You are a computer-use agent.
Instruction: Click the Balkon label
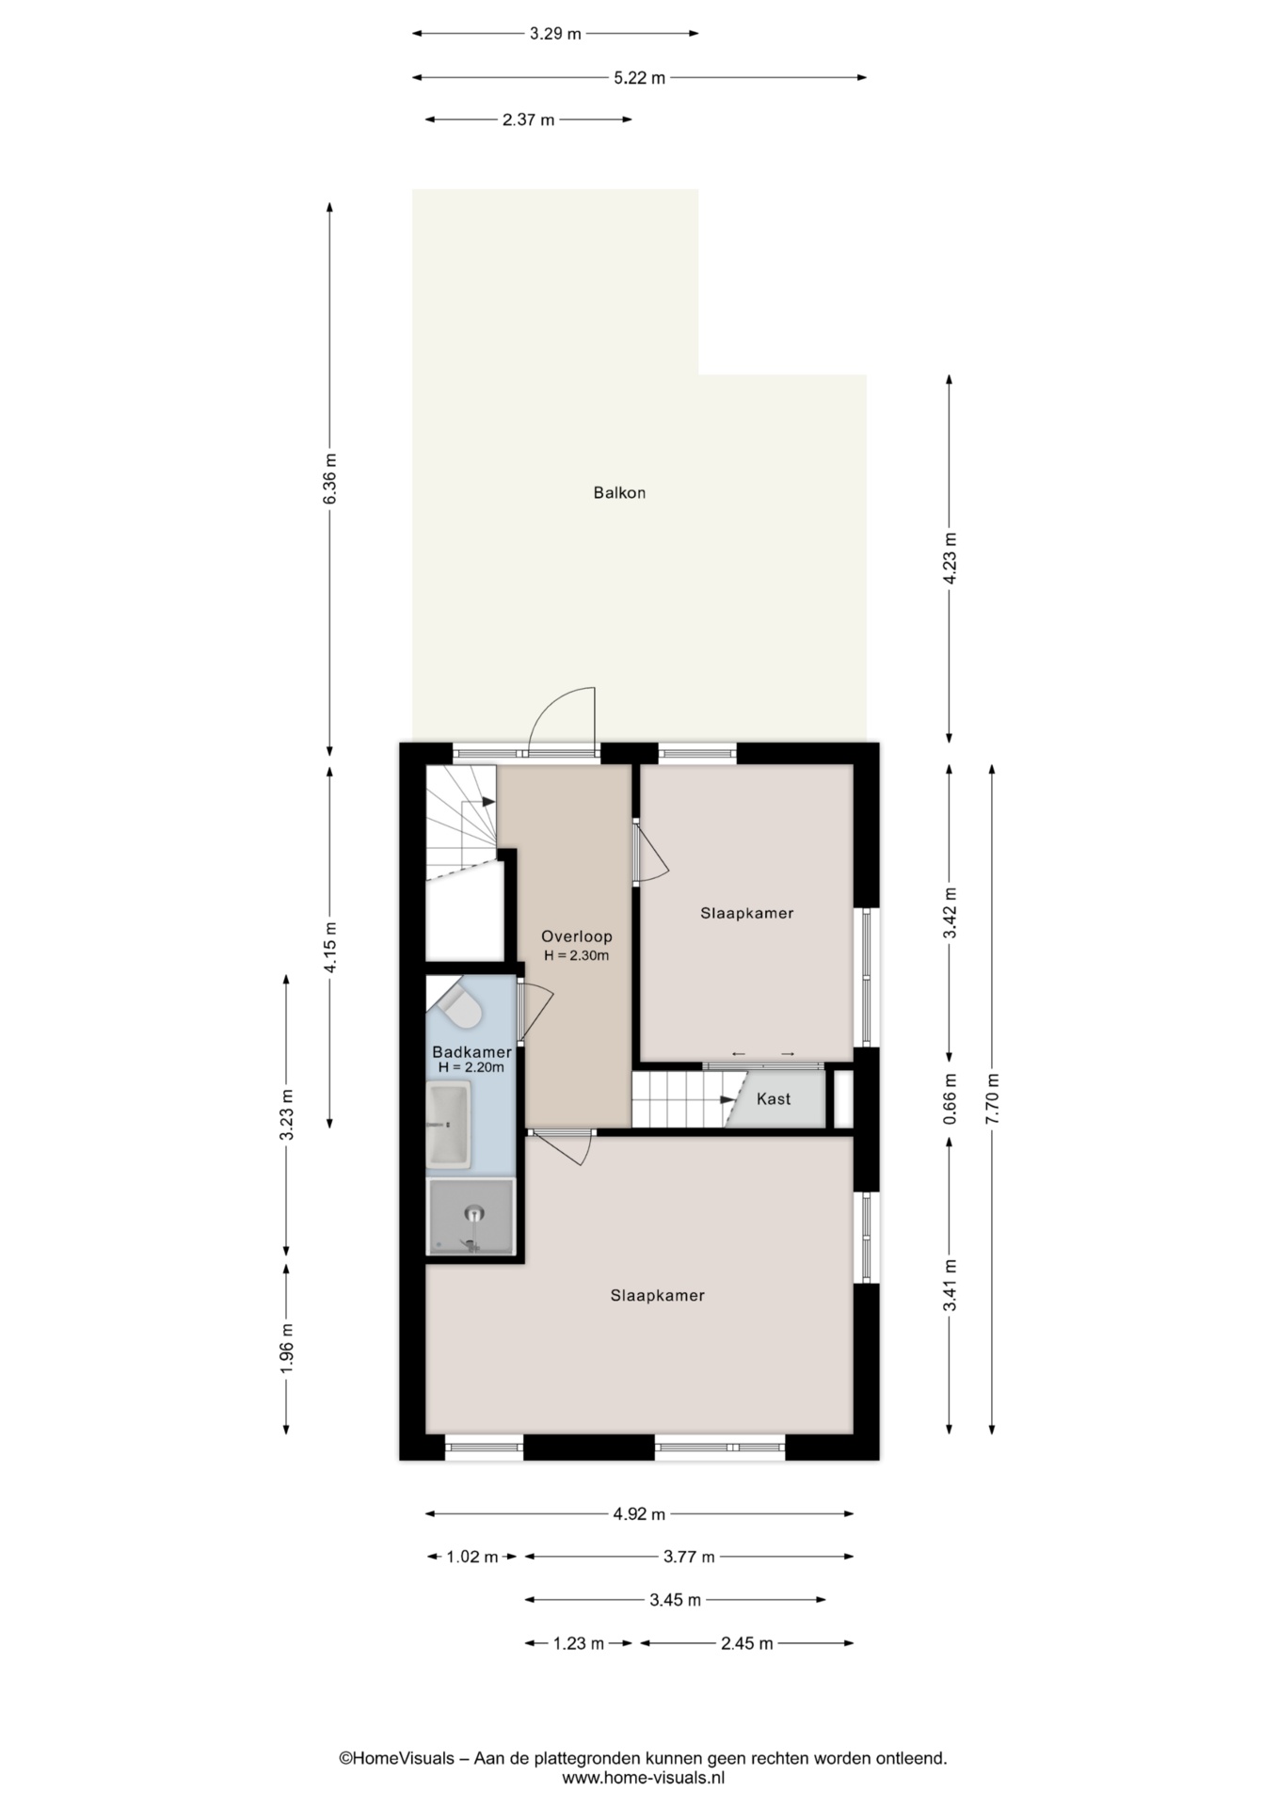[x=619, y=492]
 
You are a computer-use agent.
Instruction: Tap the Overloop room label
[x=576, y=936]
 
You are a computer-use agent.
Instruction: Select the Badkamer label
[x=471, y=1052]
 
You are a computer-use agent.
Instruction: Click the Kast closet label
[x=774, y=1098]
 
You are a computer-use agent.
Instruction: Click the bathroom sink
[x=448, y=1125]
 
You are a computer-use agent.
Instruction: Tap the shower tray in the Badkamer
[x=471, y=1217]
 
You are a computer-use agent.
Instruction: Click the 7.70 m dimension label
[x=992, y=1099]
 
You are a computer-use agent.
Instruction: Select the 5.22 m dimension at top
[x=640, y=78]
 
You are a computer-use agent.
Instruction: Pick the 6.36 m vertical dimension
[x=329, y=479]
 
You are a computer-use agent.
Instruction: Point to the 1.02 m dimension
[x=471, y=1557]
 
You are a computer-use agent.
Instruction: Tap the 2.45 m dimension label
[x=747, y=1643]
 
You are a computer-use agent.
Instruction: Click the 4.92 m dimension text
[x=639, y=1514]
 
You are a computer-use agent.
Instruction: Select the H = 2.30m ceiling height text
[x=576, y=955]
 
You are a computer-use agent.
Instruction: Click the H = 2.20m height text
[x=471, y=1067]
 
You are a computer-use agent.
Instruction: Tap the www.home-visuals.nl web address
[x=644, y=1778]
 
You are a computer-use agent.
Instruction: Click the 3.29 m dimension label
[x=555, y=34]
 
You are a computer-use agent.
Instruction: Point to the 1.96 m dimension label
[x=287, y=1348]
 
